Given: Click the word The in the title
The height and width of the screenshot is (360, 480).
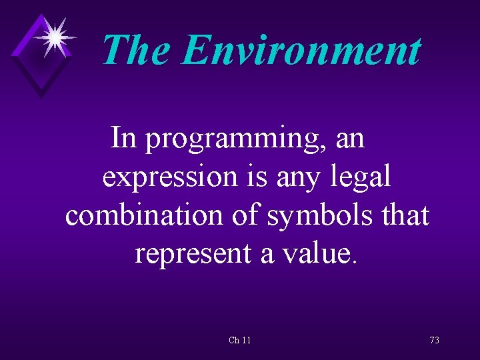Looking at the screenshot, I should (x=137, y=51).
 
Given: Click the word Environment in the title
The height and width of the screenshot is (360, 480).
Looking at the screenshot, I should (x=301, y=51).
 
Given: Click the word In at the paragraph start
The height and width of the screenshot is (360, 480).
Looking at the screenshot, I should (x=123, y=139).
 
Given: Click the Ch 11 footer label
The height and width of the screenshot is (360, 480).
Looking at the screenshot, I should (x=239, y=341).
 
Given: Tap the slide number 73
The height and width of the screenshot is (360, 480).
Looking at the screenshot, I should (x=434, y=341).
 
